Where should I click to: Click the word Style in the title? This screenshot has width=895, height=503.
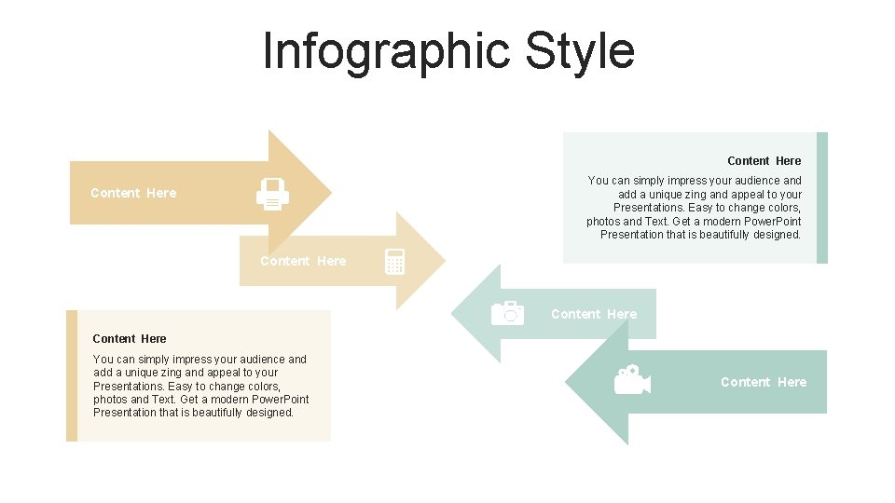(580, 51)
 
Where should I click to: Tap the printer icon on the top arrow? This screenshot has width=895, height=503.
(272, 194)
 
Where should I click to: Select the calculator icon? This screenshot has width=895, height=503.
(394, 262)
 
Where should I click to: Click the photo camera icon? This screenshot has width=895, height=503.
(507, 313)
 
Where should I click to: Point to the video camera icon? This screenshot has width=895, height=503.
(631, 380)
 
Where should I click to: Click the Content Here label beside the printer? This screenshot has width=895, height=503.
(133, 193)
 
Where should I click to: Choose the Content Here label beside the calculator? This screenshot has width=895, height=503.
(303, 261)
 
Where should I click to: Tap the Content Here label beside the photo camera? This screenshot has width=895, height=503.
(594, 314)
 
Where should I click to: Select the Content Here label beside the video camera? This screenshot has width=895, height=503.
(764, 382)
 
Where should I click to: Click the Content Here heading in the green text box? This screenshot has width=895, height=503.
(764, 161)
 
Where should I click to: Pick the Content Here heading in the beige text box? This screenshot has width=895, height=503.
(130, 338)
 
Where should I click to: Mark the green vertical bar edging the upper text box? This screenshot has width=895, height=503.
(822, 197)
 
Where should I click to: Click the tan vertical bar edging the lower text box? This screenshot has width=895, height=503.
(72, 375)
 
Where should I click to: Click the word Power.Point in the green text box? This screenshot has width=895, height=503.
(770, 221)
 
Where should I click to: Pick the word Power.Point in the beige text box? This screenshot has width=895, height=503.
(279, 399)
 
